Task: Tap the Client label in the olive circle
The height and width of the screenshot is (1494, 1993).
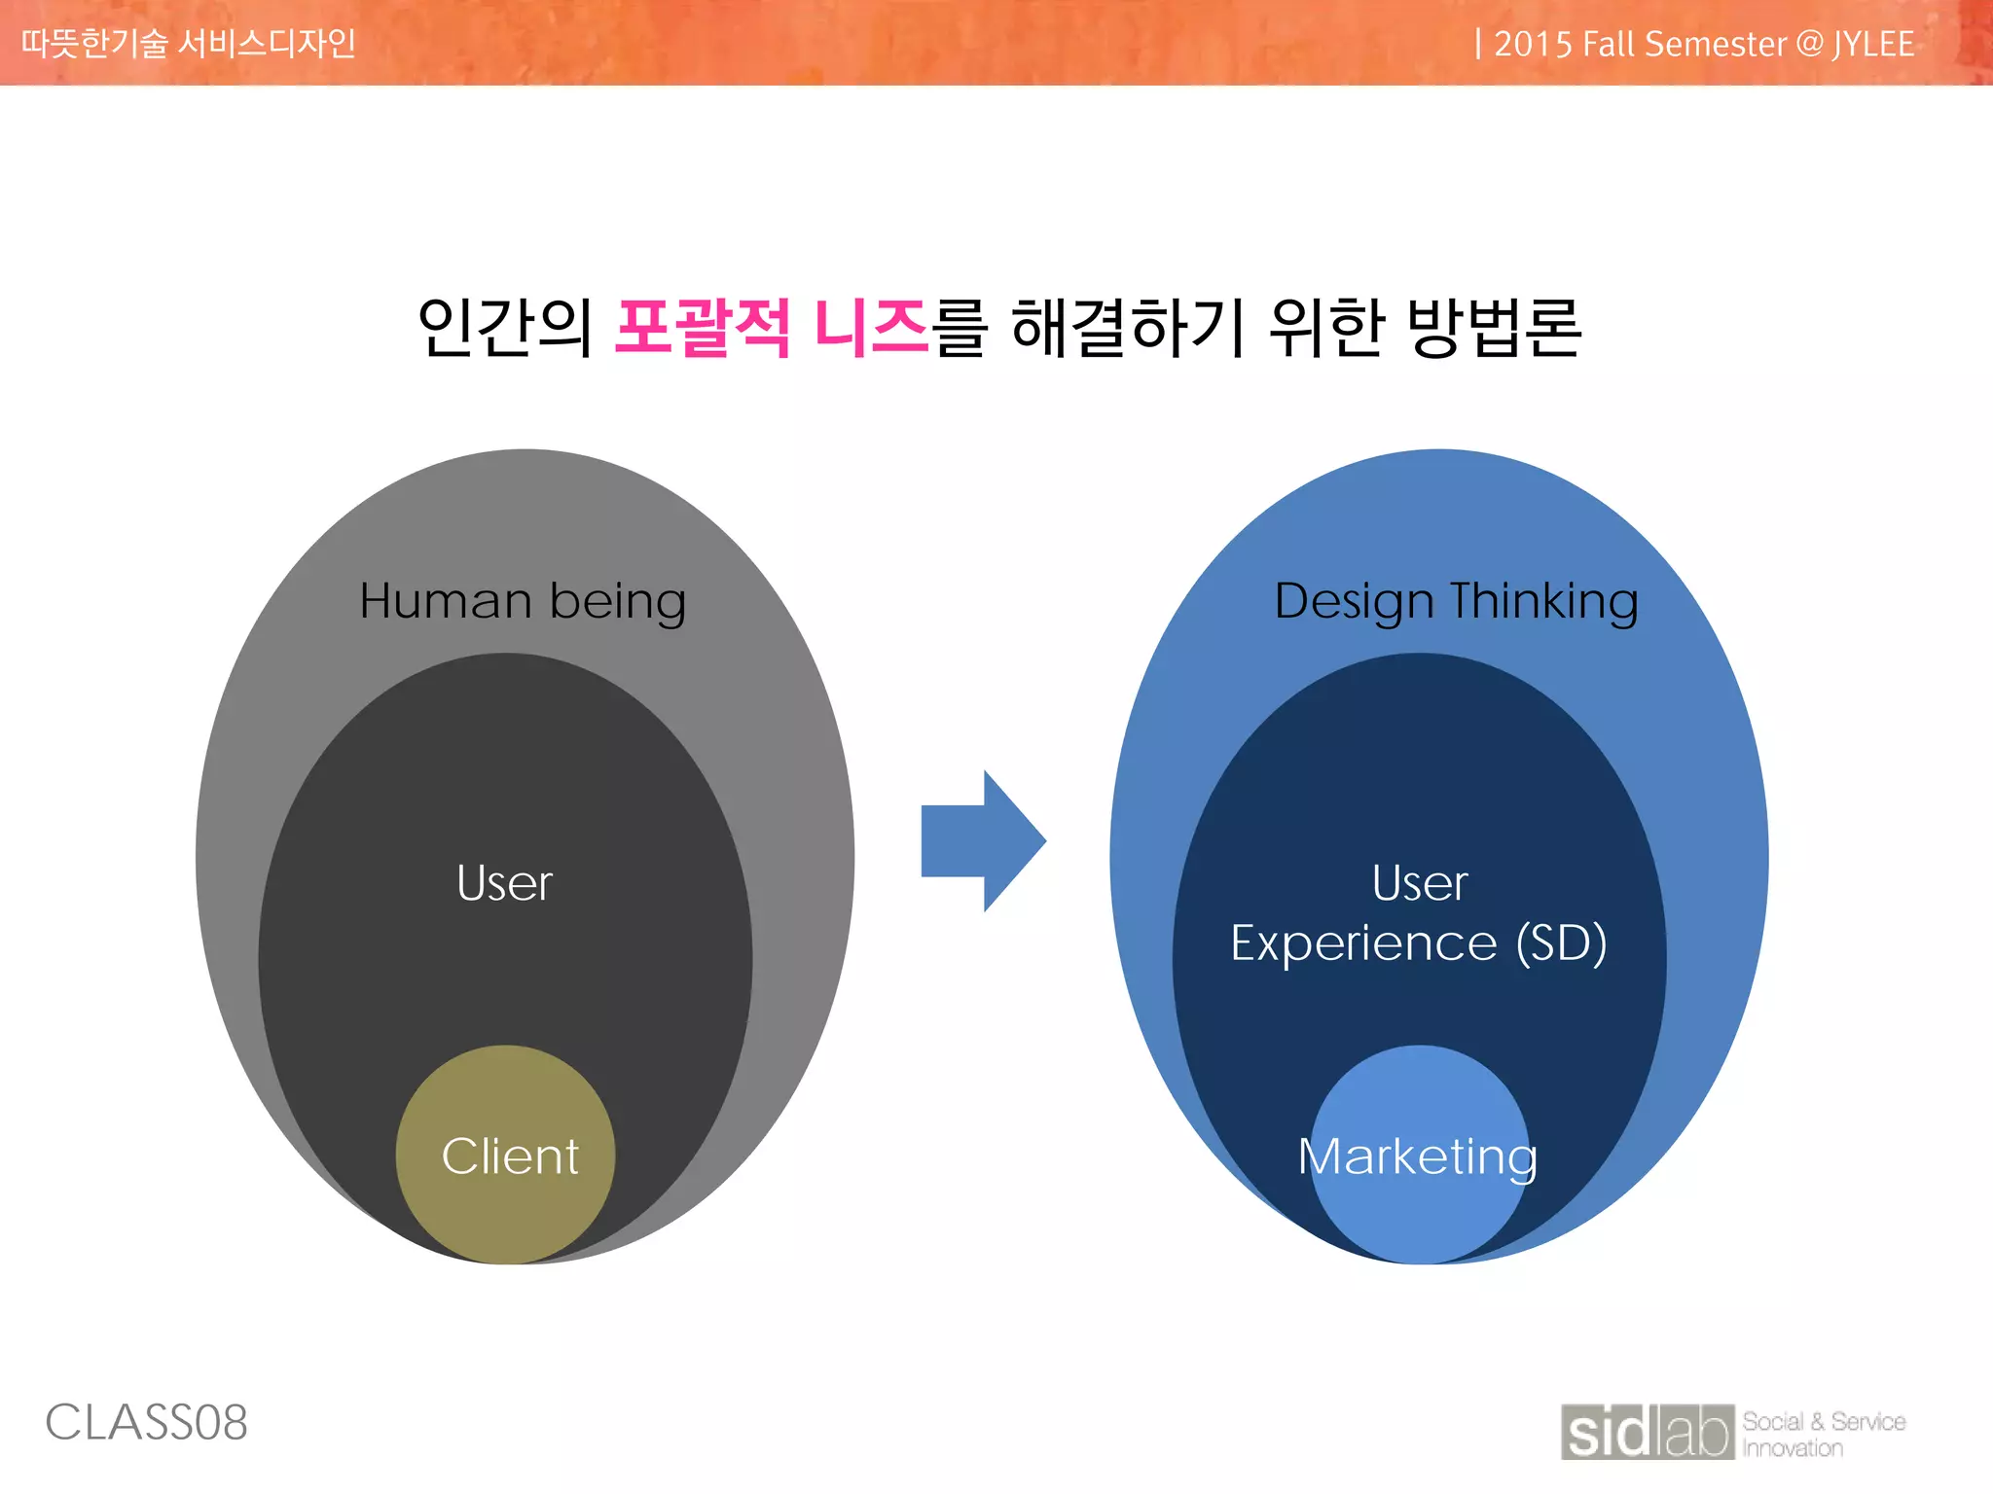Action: [510, 1156]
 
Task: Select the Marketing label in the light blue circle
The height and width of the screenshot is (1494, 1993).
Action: [1418, 1156]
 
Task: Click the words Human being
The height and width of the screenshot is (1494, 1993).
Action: [523, 600]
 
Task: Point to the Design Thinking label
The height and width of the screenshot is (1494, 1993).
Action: [1456, 600]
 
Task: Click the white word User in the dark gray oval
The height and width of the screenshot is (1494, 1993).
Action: [504, 883]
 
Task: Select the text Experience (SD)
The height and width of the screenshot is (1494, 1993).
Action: [1418, 943]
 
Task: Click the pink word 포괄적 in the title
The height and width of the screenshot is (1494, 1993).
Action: [703, 328]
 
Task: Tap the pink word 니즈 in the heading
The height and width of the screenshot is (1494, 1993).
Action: [871, 328]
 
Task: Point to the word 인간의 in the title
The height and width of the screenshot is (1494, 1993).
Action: [505, 328]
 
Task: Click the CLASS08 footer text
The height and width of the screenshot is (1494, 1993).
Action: [147, 1423]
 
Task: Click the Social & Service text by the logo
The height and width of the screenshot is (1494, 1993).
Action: [1823, 1421]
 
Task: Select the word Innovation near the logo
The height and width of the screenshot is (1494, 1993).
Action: [1793, 1448]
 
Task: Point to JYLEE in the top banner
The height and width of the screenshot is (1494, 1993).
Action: [1873, 45]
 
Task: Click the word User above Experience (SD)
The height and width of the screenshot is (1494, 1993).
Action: [1419, 883]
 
